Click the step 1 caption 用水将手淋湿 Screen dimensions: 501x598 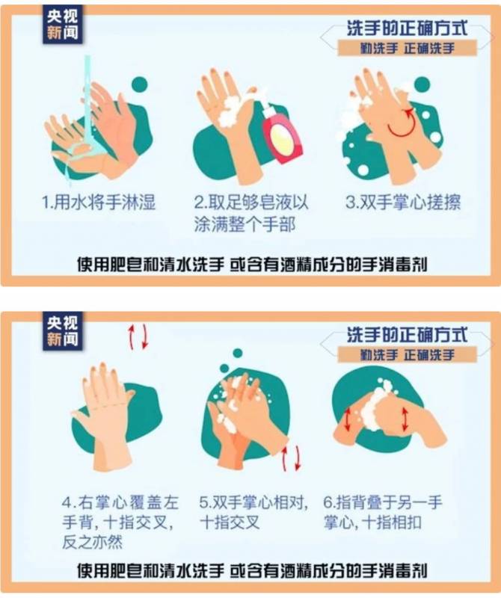(99, 203)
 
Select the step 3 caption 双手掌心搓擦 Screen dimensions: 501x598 (403, 203)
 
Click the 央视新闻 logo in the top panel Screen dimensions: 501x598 (63, 25)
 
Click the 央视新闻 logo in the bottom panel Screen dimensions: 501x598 (63, 331)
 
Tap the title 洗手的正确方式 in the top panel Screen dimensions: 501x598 (407, 28)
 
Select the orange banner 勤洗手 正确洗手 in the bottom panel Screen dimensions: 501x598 (407, 355)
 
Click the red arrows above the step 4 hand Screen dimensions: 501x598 (138, 337)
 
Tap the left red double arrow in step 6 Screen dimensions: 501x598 (348, 420)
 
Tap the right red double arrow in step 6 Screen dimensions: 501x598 (405, 419)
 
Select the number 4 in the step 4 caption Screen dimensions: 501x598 (67, 502)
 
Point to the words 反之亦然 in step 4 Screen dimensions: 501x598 (92, 542)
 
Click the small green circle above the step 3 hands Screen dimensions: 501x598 (422, 84)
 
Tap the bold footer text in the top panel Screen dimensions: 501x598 (252, 265)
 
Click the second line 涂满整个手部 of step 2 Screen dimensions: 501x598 (245, 224)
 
